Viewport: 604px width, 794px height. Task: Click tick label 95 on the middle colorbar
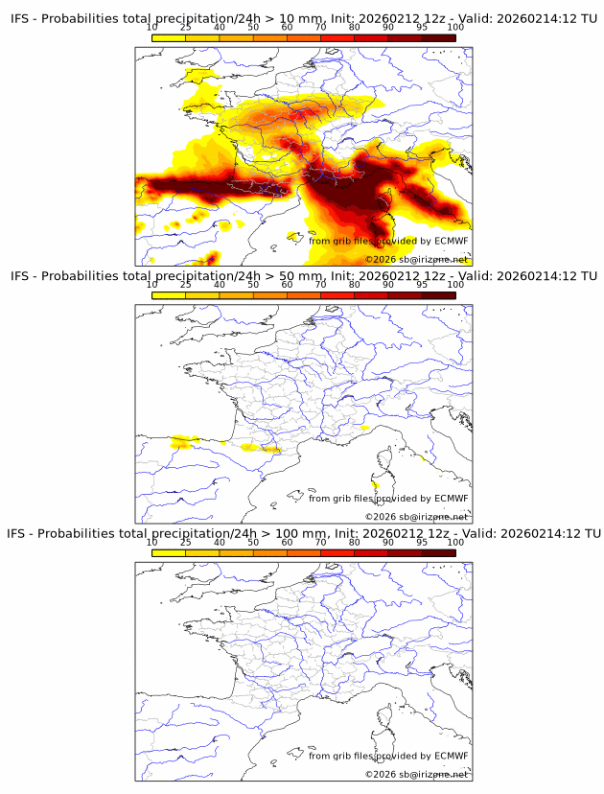pos(422,285)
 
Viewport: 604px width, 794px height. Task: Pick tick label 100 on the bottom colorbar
pos(454,542)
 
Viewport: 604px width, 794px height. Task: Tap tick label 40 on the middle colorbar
pos(220,285)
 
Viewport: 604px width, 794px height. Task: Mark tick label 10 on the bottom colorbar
pos(152,542)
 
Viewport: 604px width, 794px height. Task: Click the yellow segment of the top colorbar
pos(169,37)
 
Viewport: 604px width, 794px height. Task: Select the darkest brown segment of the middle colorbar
pos(438,295)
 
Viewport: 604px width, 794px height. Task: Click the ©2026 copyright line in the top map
pos(416,259)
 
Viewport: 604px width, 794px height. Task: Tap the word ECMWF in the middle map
pos(451,498)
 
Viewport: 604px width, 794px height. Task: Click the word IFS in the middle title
pos(20,276)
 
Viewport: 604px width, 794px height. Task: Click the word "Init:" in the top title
pos(332,19)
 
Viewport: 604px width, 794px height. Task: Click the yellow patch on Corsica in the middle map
pos(375,483)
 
